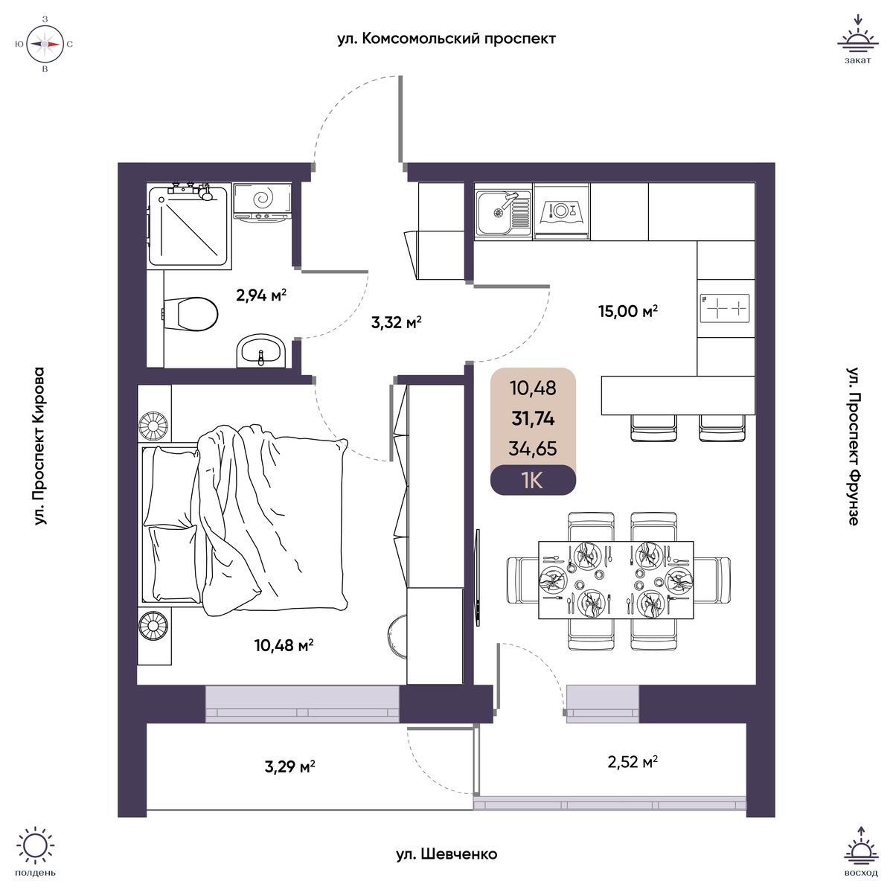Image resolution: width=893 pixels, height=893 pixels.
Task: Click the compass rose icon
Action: tap(45, 44)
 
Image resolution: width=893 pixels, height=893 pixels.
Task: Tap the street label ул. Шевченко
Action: tap(446, 854)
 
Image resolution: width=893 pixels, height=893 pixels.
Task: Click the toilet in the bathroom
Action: tap(191, 314)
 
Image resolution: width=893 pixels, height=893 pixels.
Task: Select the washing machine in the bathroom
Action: tap(262, 203)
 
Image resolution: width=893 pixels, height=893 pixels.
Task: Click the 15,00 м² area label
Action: tap(628, 310)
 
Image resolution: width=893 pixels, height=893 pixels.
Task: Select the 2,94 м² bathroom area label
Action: tap(261, 295)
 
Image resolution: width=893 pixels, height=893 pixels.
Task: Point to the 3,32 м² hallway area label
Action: tap(396, 321)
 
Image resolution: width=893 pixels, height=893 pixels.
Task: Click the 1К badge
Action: tap(533, 481)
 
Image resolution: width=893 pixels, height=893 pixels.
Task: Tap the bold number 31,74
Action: tap(533, 419)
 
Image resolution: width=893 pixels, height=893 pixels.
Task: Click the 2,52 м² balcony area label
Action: tap(633, 761)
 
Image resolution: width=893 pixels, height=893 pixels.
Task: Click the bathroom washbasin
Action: tap(261, 351)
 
